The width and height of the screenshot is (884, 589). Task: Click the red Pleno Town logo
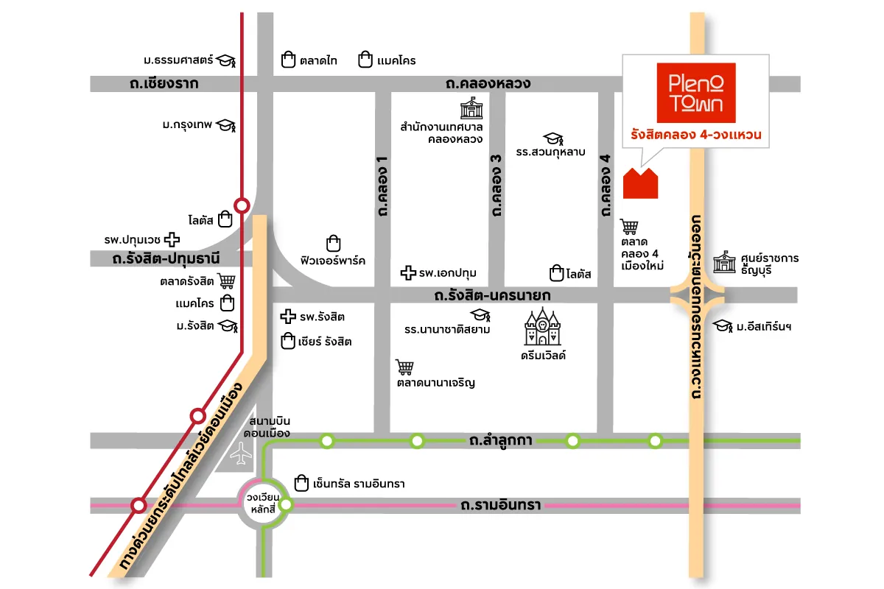[695, 93]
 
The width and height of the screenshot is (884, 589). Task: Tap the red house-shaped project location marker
[640, 183]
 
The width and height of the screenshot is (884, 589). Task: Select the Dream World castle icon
[542, 327]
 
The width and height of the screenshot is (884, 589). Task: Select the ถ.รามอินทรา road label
[500, 506]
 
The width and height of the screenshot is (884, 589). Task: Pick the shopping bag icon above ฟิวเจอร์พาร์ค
[333, 243]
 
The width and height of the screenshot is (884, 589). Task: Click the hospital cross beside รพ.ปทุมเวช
[172, 239]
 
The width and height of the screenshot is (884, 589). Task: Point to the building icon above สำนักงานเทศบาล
[469, 110]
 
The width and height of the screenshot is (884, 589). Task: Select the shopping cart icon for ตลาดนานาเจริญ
[404, 367]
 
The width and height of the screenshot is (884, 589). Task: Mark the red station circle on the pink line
[138, 506]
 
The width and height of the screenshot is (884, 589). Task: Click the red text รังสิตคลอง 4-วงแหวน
[695, 135]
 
